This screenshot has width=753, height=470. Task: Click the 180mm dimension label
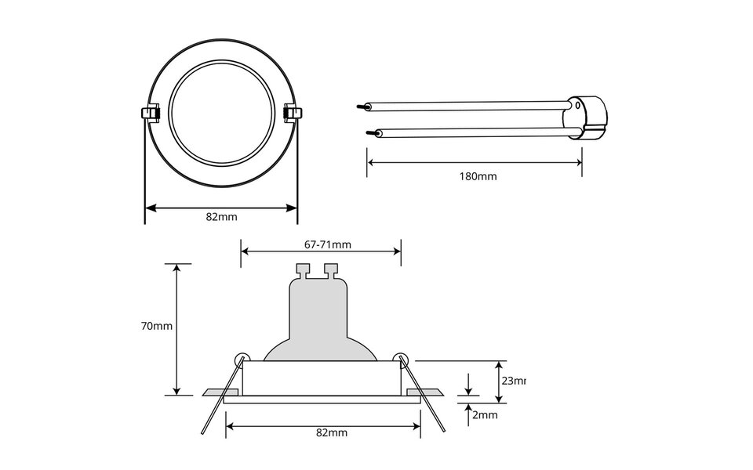coord(478,176)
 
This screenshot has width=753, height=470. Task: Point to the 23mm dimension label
coord(512,381)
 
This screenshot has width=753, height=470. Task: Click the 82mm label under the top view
coord(221,217)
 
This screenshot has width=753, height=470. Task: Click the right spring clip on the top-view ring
coord(293,114)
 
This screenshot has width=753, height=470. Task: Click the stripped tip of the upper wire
coord(362,106)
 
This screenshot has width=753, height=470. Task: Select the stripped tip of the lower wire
coord(368,134)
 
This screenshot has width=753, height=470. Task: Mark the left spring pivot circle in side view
coord(241,356)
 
